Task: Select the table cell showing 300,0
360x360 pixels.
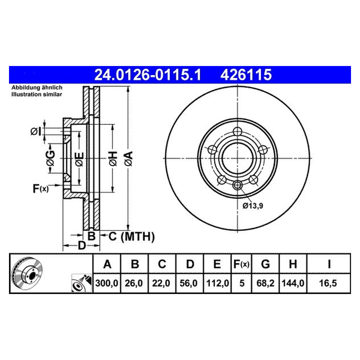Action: [107, 283]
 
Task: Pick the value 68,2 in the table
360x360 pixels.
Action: [265, 283]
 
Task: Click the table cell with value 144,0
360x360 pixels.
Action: [293, 283]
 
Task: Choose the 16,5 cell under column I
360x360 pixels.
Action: [328, 283]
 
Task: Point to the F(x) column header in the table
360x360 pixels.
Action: [241, 264]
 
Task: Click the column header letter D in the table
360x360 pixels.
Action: [190, 264]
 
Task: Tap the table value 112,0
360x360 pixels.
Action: [217, 283]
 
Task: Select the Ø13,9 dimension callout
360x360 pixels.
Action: [253, 206]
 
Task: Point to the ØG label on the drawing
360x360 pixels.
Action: [51, 158]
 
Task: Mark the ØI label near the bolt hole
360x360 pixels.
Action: [35, 132]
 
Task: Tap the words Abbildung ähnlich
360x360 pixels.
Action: [37, 88]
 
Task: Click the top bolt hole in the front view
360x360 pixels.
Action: [237, 131]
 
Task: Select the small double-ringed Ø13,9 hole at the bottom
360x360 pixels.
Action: [237, 185]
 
